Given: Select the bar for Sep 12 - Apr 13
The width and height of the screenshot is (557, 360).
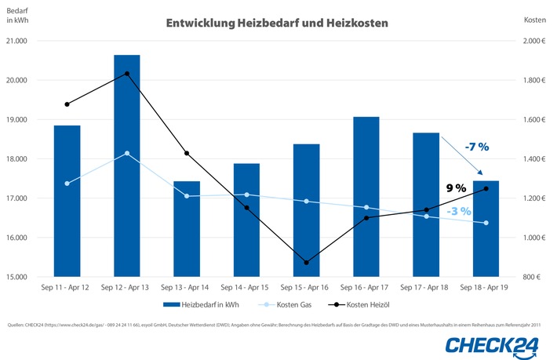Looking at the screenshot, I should tap(127, 165).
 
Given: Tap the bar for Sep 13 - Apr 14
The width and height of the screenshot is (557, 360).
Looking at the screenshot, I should tap(187, 228).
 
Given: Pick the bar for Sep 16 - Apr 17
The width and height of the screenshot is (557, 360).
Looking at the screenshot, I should tap(366, 196).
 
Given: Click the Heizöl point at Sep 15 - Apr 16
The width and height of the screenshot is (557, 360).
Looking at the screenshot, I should tap(307, 262).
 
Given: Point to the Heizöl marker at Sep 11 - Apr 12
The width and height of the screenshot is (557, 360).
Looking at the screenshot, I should tap(67, 104).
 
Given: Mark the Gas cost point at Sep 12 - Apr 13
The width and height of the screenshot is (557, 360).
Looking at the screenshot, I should tap(127, 154).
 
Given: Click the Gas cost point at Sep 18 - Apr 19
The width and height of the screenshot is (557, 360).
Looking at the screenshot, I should tap(486, 223).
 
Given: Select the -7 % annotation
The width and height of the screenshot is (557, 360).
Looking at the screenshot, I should tap(476, 147).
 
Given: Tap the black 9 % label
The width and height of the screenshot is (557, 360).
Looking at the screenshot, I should tap(456, 187).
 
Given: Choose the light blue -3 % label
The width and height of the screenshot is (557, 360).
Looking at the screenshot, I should tap(459, 211).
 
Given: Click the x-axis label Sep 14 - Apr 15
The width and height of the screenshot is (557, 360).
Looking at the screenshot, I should tap(246, 289).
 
